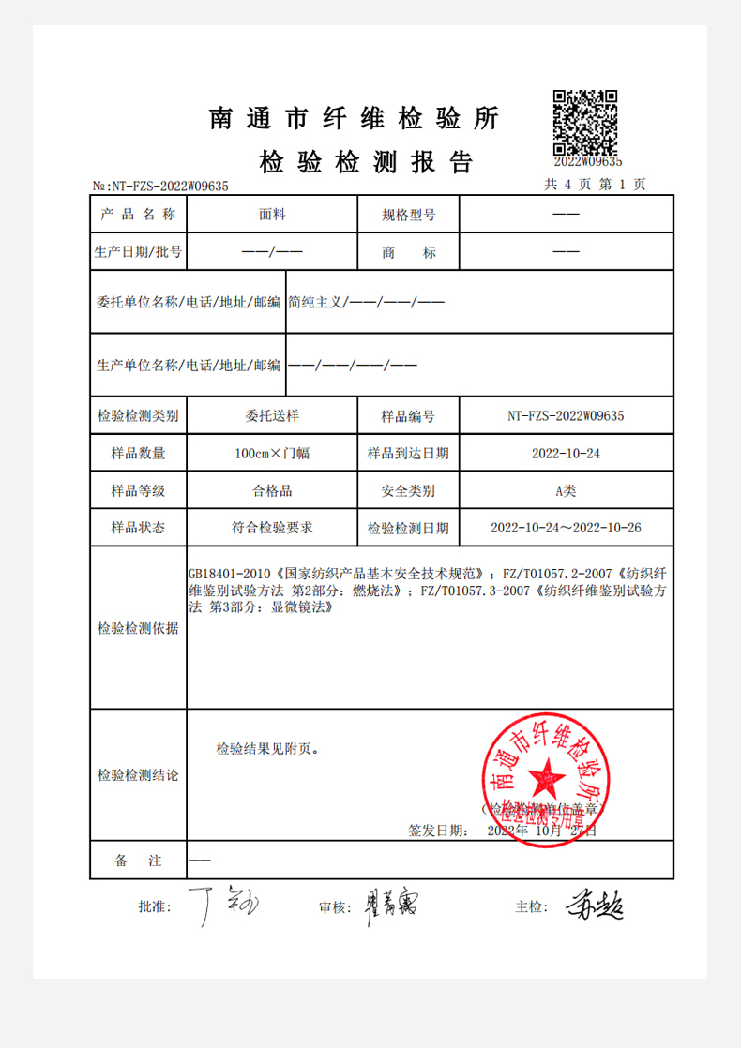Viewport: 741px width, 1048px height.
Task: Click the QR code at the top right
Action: coord(584,123)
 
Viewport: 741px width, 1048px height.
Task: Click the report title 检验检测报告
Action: coord(366,162)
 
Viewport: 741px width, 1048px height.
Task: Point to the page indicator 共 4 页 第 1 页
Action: coord(595,185)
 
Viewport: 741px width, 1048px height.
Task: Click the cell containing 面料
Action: coord(272,215)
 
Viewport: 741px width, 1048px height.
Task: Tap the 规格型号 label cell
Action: coord(408,215)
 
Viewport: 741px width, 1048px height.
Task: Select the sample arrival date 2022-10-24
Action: coord(566,453)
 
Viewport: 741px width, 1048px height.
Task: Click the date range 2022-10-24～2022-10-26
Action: coord(566,528)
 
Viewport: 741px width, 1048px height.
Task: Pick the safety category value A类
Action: coord(566,490)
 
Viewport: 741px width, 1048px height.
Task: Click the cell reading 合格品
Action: coord(272,490)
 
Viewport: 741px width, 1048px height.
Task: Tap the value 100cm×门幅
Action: coord(272,453)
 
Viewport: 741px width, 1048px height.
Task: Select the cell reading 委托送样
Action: coord(272,414)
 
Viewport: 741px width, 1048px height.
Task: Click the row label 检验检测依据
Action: coord(138,629)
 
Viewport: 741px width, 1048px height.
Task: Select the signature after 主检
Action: coord(594,905)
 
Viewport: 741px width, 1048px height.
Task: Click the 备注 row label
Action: coord(138,861)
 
